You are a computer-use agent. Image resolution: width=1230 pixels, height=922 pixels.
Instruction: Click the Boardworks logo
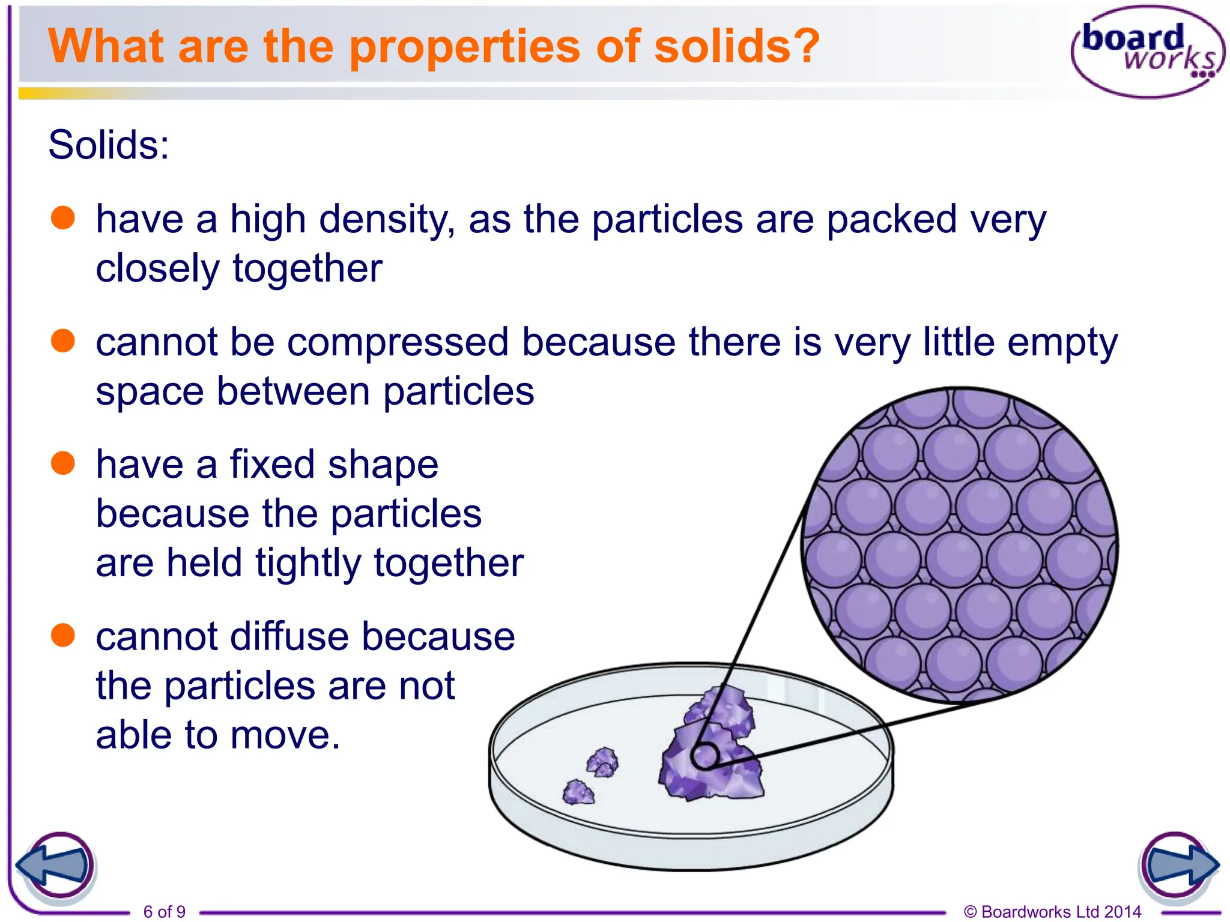(1148, 52)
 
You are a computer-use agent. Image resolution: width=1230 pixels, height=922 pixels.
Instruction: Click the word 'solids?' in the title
(736, 46)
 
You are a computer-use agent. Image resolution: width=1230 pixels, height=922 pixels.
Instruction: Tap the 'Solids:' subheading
(109, 145)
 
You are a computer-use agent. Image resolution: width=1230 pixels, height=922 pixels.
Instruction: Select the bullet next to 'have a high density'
(63, 218)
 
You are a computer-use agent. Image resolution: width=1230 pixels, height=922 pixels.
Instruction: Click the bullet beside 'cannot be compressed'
(63, 341)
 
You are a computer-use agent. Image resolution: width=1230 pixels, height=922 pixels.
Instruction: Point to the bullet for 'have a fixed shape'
(63, 463)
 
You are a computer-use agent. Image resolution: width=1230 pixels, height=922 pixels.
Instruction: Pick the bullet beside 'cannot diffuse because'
(63, 635)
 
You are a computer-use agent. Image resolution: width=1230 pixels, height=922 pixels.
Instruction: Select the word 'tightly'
(307, 563)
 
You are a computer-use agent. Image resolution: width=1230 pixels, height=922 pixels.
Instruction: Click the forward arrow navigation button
(1179, 866)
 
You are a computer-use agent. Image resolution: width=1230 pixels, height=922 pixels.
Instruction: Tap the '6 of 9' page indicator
(164, 912)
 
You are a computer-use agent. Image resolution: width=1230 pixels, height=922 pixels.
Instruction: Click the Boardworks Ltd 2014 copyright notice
(1052, 912)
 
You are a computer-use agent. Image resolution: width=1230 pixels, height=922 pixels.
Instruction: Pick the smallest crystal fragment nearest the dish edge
(578, 792)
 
